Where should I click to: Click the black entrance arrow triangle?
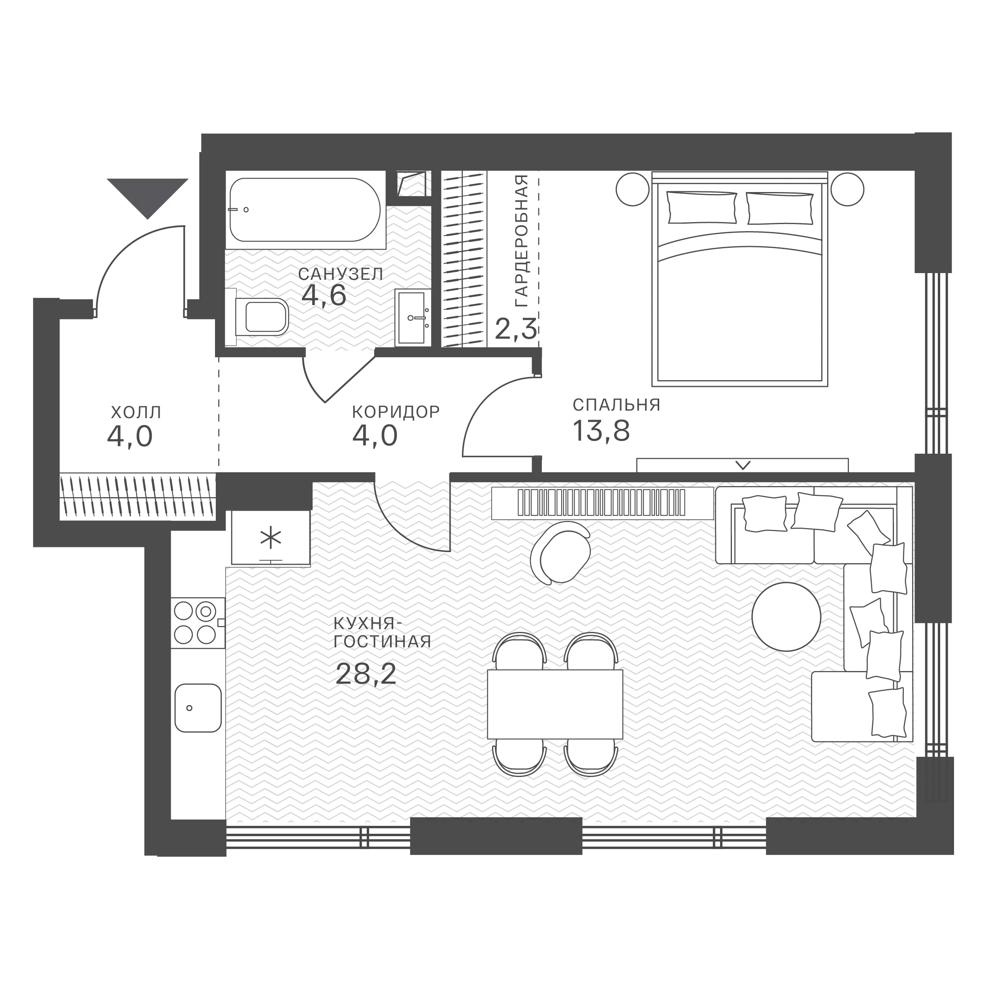click(148, 195)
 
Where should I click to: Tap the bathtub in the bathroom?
click(305, 210)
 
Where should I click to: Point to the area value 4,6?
click(324, 295)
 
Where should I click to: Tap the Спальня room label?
click(616, 405)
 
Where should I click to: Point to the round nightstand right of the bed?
click(847, 189)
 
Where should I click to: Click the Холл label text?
click(136, 412)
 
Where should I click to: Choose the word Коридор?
click(396, 412)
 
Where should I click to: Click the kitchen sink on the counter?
click(198, 708)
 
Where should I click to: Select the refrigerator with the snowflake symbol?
click(271, 537)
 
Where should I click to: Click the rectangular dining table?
click(555, 704)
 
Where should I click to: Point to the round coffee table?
click(786, 617)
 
